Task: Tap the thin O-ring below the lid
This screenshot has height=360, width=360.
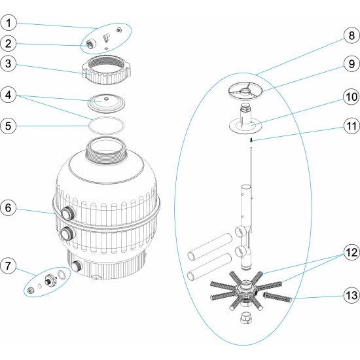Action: pyautogui.click(x=105, y=124)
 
